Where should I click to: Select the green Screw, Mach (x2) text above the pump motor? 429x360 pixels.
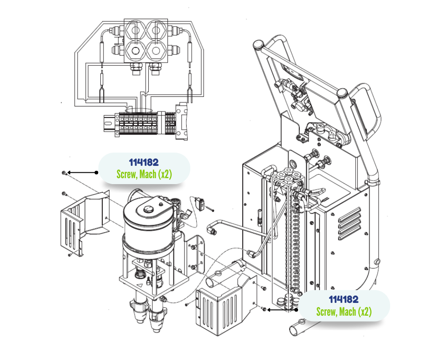pyautogui.click(x=144, y=175)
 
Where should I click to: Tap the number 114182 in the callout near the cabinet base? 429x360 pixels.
pyautogui.click(x=344, y=300)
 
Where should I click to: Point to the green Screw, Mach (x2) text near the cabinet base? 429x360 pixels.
pyautogui.click(x=344, y=312)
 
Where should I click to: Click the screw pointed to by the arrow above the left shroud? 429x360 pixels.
pyautogui.click(x=63, y=173)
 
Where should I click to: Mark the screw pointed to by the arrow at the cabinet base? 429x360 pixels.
pyautogui.click(x=264, y=310)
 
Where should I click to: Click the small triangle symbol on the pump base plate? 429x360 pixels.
pyautogui.click(x=137, y=284)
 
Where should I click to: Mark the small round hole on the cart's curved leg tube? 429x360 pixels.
pyautogui.click(x=377, y=262)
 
